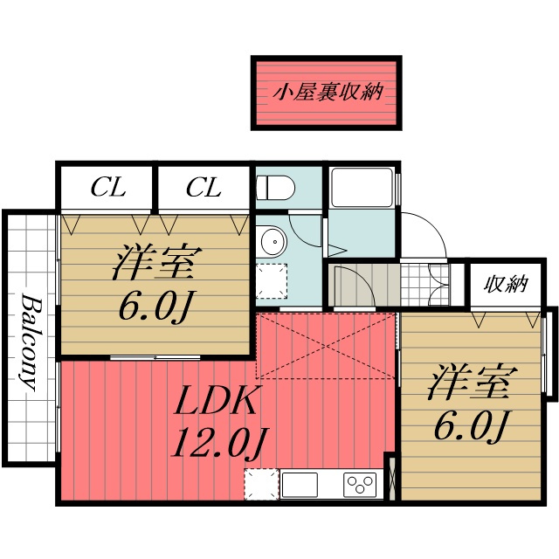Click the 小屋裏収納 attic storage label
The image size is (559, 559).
328,92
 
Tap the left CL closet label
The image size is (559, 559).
108,188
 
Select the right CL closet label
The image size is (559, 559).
204,188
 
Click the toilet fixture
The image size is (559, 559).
276,189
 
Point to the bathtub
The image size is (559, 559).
362,188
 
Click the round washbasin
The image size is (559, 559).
273,241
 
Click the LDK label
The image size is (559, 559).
216,400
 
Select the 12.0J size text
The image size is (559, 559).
220,443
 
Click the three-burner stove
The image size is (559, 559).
360,485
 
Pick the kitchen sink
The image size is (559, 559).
299,485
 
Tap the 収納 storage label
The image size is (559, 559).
506,285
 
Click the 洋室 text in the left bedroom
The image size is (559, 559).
157,262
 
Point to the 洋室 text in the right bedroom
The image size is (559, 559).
473,382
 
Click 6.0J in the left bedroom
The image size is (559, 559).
154,307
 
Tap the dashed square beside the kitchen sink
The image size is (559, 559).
262,485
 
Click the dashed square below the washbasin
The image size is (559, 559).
272,281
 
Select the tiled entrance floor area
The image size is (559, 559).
425,284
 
